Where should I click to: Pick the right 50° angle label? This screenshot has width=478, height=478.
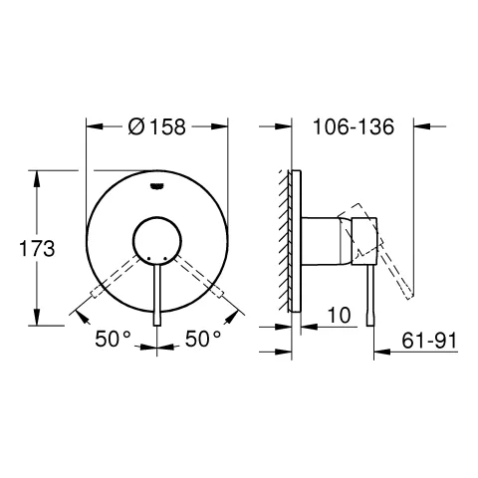click(203, 339)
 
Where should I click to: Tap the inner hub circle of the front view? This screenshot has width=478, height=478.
click(157, 241)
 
